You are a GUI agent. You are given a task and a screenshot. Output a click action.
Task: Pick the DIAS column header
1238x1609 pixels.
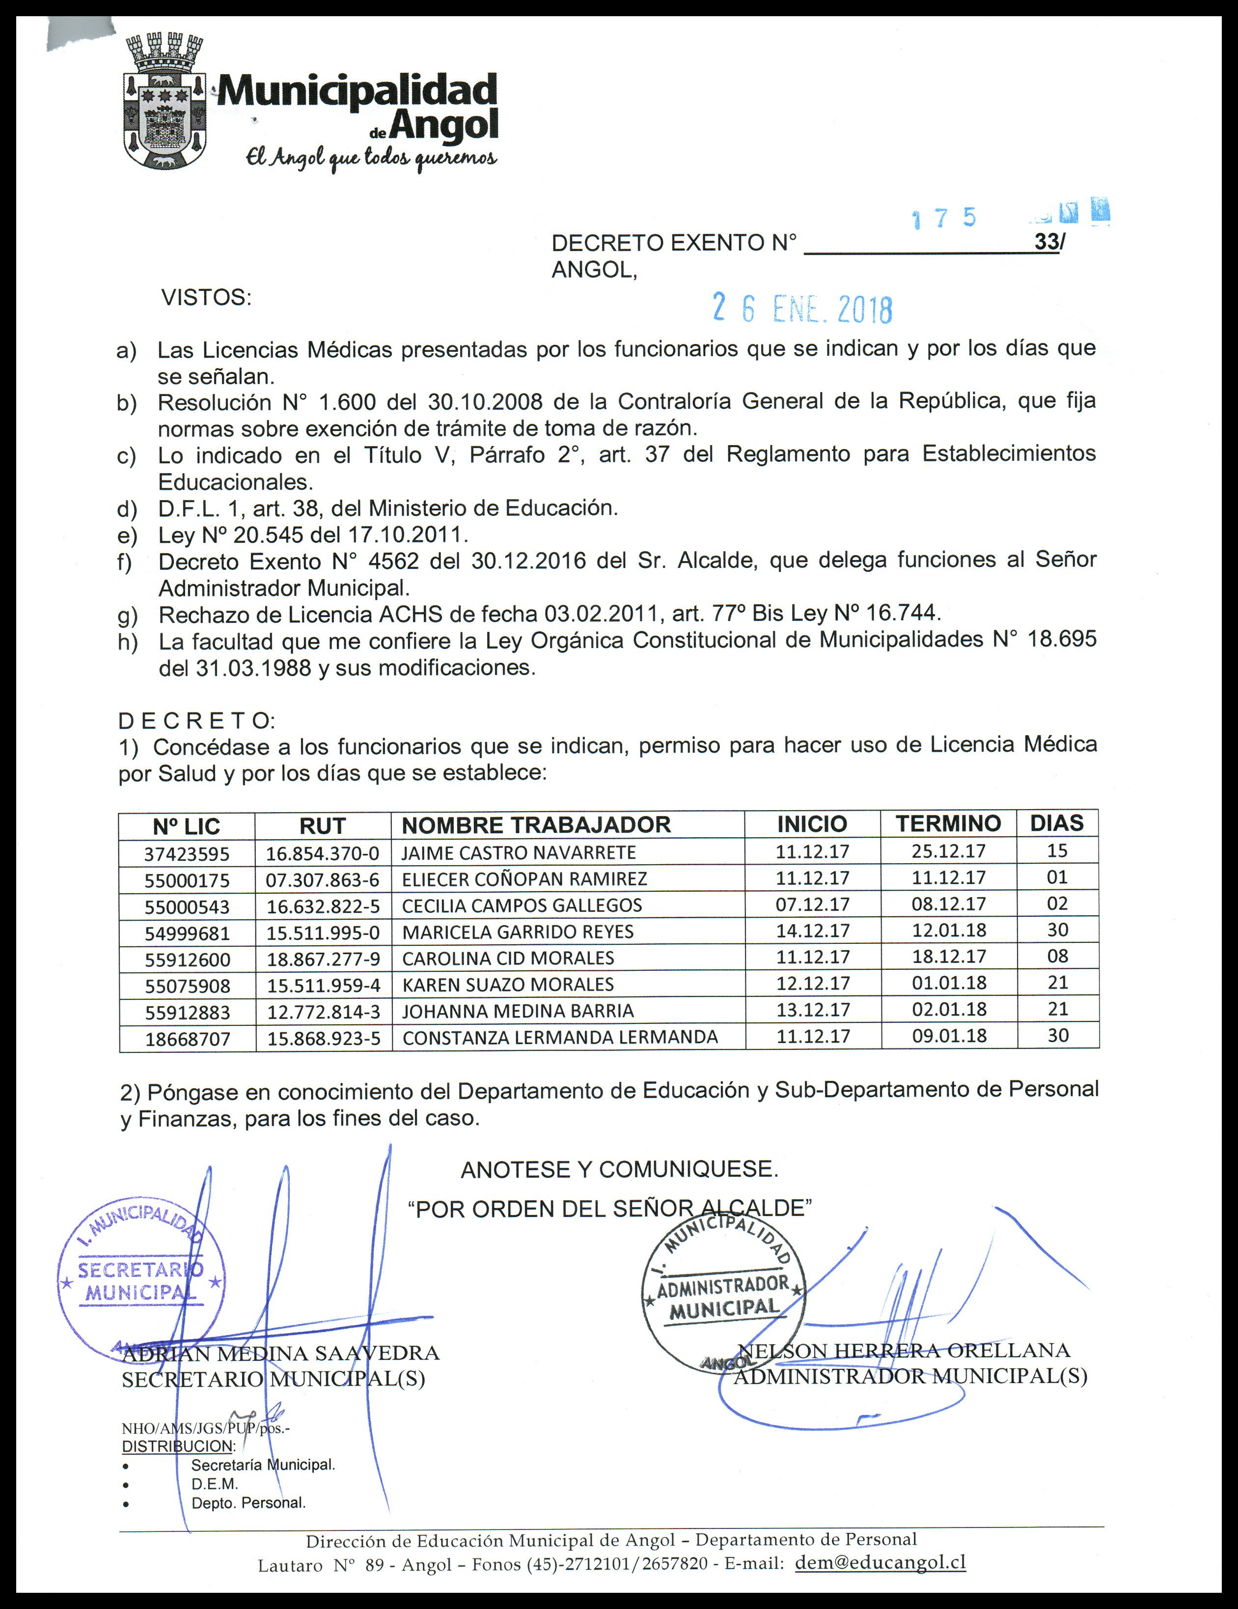pyautogui.click(x=1057, y=823)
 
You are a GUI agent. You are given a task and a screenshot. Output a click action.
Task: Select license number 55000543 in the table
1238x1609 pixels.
pyautogui.click(x=187, y=906)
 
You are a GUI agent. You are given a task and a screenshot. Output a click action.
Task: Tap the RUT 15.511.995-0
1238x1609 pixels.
pyautogui.click(x=323, y=932)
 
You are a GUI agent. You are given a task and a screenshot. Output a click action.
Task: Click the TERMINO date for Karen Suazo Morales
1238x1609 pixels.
pyautogui.click(x=949, y=983)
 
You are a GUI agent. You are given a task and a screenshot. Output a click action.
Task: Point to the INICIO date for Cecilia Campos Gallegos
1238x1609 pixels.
pyautogui.click(x=812, y=904)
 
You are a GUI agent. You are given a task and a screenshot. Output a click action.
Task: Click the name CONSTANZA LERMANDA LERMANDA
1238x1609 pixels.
pyautogui.click(x=560, y=1037)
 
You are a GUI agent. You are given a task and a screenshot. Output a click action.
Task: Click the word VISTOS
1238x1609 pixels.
pyautogui.click(x=206, y=298)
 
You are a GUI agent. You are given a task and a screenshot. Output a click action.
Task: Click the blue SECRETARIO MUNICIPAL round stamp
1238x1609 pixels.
pyautogui.click(x=140, y=1282)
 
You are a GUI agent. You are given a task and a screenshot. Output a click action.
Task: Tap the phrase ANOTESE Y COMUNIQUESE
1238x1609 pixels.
pyautogui.click(x=619, y=1169)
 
